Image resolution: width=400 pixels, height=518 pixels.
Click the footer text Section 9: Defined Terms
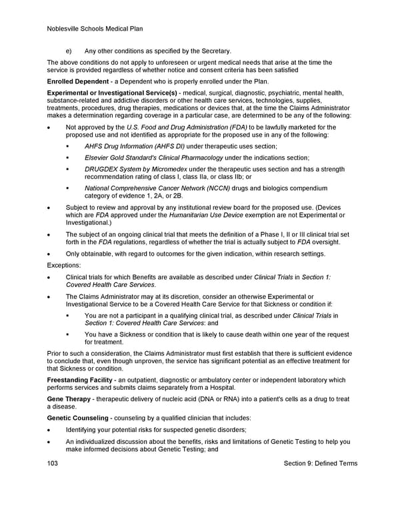click(x=320, y=463)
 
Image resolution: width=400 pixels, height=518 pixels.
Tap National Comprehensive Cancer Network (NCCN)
click(x=157, y=189)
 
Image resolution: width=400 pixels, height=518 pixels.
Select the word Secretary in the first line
click(x=213, y=51)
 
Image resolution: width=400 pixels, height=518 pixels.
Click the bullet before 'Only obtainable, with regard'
click(x=49, y=254)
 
